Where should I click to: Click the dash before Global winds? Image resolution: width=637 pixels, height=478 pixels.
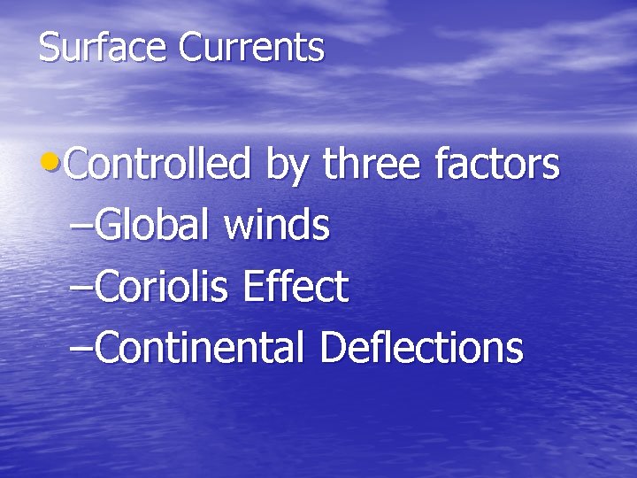pos(79,227)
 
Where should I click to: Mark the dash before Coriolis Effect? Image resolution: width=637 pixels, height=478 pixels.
pos(79,288)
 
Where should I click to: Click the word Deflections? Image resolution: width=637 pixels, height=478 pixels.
pos(421,347)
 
